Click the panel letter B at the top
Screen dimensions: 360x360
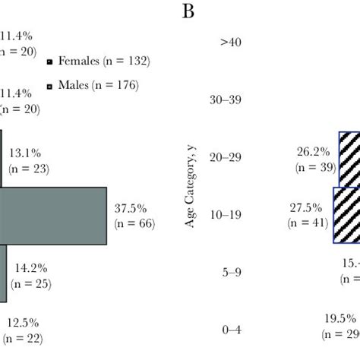tap(186, 12)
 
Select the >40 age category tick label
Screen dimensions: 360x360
tap(231, 43)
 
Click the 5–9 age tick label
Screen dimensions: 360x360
tap(230, 271)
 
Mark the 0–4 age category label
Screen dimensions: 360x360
tap(230, 328)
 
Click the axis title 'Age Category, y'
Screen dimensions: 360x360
tap(190, 186)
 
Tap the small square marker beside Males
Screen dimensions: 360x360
tap(50, 87)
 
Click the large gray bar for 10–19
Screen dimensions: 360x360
tap(53, 216)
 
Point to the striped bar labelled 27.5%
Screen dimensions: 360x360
tap(346, 215)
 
